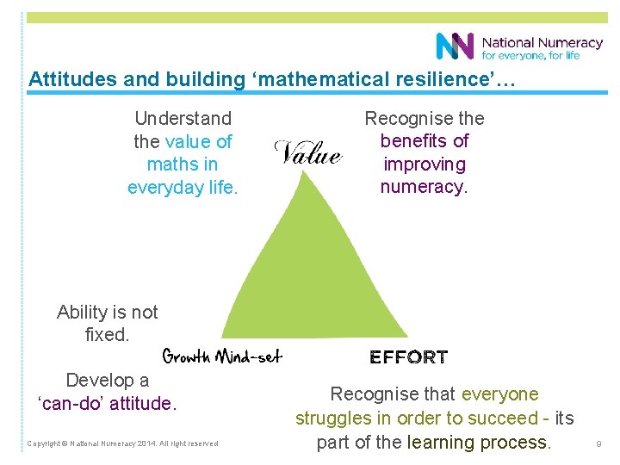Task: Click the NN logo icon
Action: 455,46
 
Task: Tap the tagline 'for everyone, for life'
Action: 530,55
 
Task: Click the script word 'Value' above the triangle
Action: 307,153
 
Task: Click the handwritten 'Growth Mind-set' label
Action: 222,356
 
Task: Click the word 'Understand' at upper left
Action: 183,118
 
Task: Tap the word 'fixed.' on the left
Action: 108,334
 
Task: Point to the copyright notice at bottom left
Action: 122,444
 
